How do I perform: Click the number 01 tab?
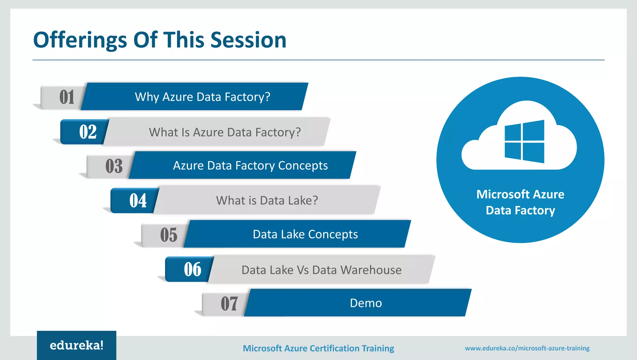coord(66,97)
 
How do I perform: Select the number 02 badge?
coord(87,132)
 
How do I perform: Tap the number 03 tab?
coord(114,166)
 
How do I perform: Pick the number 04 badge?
coord(138,200)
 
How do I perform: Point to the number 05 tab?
coord(169,235)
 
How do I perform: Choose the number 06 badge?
coord(193,269)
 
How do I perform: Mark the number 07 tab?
coord(229,303)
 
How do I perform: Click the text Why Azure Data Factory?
coord(202,97)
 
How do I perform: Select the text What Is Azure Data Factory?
coord(225,132)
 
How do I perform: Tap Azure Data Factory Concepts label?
coord(250,166)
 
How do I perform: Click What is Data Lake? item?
coord(267,200)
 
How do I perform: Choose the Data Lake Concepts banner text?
coord(305,234)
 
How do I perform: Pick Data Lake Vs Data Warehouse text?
coord(321,270)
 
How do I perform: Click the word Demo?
coord(366,303)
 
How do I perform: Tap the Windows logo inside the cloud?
coord(524,142)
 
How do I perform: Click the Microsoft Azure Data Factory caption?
coord(520,202)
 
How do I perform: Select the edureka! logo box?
coord(77,345)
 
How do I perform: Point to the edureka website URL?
coord(527,348)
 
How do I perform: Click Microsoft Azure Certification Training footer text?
coord(318,348)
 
